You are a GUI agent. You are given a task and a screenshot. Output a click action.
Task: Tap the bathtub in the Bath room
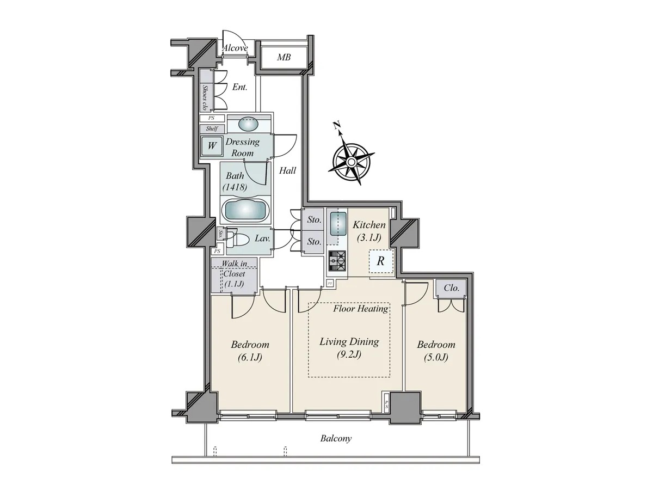point(245,211)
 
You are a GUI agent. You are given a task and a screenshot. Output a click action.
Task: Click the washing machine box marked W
point(212,146)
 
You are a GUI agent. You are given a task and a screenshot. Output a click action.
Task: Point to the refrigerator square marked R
point(381,261)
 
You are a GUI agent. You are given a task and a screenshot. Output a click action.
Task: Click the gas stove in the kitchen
point(337,261)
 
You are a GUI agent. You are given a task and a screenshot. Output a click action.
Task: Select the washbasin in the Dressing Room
point(248,124)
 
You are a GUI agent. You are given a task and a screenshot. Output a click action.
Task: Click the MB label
point(284,57)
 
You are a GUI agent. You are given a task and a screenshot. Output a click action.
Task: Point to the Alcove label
point(235,48)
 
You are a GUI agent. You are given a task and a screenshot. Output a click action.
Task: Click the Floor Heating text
point(361,309)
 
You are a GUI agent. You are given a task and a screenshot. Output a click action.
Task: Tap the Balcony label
point(336,438)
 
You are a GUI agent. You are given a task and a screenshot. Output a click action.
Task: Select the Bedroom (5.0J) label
point(436,351)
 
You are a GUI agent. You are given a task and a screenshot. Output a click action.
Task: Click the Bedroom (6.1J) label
point(250,351)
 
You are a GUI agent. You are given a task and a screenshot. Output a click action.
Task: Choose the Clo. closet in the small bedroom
point(451,288)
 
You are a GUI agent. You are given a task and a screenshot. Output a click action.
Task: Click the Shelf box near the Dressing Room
point(212,128)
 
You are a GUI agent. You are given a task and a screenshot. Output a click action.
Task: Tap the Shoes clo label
point(205,97)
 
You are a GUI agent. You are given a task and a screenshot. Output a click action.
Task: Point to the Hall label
point(287,170)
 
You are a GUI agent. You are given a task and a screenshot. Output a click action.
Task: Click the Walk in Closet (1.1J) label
point(235,274)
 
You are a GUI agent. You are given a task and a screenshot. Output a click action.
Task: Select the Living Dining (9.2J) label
point(349,347)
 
